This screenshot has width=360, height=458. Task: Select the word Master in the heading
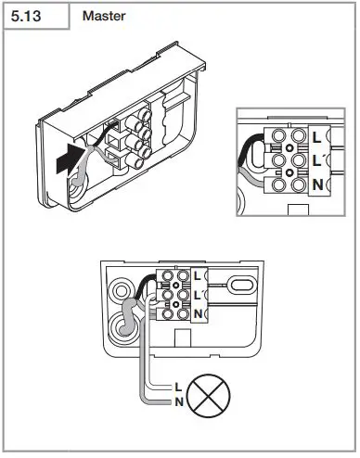[104, 17]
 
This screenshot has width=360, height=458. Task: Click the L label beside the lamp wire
[177, 385]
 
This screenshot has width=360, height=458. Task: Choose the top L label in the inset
[319, 136]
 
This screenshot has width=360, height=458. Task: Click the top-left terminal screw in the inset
[276, 136]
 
